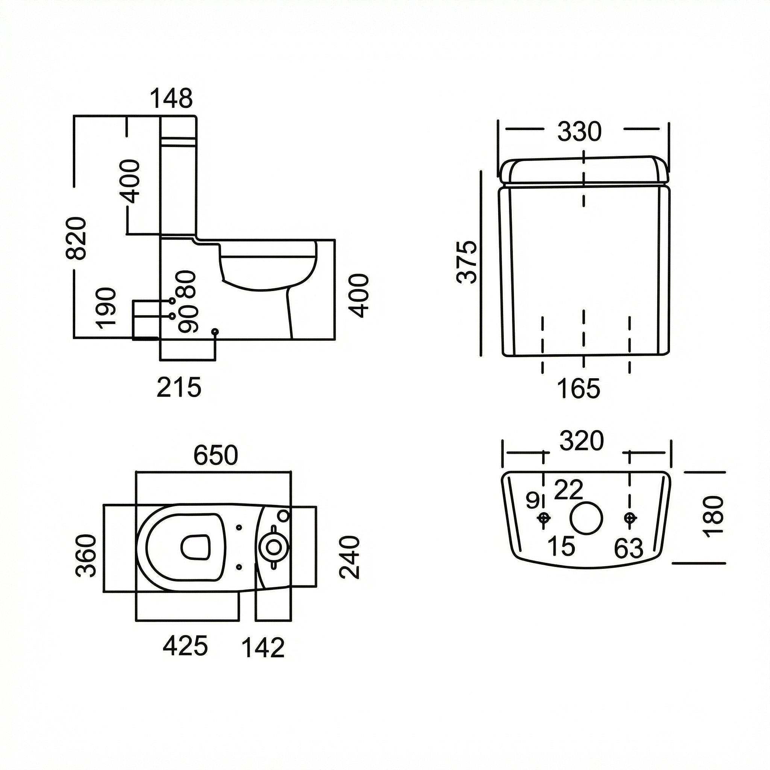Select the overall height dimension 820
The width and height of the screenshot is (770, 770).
76,238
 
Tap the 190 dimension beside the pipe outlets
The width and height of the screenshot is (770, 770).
107,308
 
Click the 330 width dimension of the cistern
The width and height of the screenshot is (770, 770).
579,132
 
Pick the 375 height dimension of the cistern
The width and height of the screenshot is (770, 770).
467,262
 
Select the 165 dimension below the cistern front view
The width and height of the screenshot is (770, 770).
579,389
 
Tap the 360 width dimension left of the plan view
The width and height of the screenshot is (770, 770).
86,556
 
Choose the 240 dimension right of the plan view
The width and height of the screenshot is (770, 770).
350,557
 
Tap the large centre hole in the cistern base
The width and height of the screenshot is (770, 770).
586,518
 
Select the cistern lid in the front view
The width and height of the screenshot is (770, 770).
584,171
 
